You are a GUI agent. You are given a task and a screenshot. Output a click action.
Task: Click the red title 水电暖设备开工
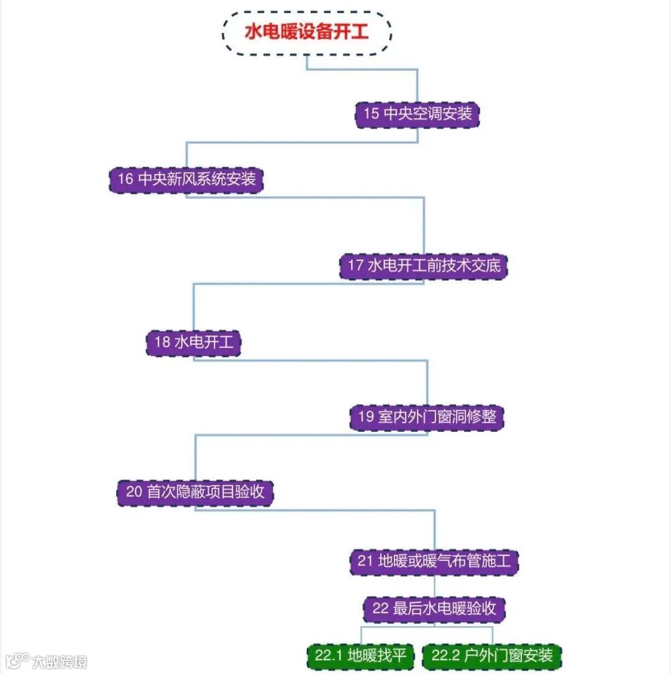tap(306, 32)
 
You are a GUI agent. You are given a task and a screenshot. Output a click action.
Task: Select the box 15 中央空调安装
tap(418, 114)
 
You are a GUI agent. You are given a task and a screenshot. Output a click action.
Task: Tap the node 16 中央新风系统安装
tap(186, 179)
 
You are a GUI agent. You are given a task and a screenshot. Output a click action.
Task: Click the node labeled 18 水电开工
tap(194, 342)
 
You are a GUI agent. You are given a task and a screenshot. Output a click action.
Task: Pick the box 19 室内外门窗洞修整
tap(427, 416)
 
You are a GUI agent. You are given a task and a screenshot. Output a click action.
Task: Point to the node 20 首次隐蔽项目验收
tap(196, 492)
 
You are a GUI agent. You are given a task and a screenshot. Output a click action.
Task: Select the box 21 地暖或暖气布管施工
tap(434, 561)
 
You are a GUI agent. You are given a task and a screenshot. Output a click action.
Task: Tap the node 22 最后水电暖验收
tap(434, 608)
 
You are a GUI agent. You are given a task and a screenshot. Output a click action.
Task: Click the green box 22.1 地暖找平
tap(361, 655)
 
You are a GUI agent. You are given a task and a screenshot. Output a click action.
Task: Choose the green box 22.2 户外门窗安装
tap(492, 655)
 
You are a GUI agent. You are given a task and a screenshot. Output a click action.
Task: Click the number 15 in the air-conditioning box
tap(371, 114)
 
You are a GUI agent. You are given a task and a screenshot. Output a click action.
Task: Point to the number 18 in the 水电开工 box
tap(162, 342)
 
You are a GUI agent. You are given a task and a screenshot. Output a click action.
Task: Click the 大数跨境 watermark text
tap(60, 662)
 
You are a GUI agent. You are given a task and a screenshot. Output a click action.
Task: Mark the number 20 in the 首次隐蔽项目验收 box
tap(134, 493)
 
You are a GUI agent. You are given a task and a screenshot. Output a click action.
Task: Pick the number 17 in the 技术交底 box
tap(355, 266)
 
